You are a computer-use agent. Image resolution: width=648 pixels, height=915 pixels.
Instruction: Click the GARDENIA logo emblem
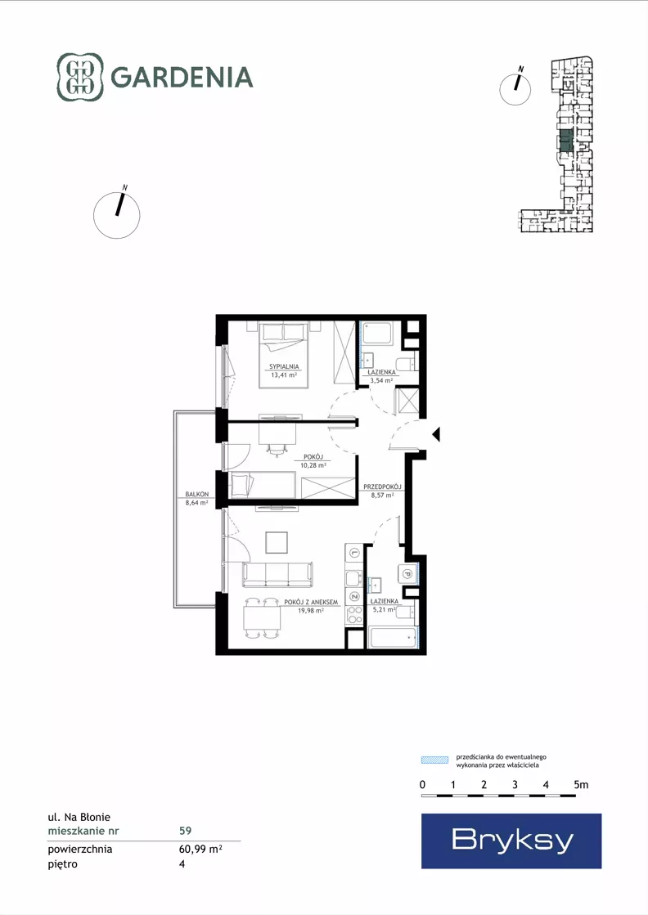click(x=80, y=77)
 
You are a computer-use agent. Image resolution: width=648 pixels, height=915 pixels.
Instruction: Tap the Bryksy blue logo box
click(x=511, y=841)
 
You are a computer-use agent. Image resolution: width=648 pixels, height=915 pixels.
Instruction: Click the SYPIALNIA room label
click(x=284, y=367)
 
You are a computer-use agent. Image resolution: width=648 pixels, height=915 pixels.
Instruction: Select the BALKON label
click(x=196, y=494)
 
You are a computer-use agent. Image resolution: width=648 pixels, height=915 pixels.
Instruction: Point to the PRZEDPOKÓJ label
click(x=382, y=487)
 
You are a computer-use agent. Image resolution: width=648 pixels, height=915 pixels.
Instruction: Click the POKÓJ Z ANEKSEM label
click(x=311, y=602)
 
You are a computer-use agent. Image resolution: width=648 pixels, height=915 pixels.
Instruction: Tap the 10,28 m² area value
click(x=313, y=465)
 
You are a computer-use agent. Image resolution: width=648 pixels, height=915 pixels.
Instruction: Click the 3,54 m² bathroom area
click(x=381, y=380)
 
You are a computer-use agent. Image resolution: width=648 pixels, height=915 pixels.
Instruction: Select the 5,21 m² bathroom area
click(x=384, y=610)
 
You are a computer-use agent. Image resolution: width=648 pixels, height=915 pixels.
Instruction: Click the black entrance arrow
click(x=435, y=434)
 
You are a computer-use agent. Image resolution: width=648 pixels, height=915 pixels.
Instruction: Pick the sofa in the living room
click(x=277, y=574)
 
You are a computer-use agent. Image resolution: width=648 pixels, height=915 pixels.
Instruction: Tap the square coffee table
click(x=277, y=542)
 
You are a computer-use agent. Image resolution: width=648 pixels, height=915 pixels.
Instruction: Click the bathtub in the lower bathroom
click(x=394, y=637)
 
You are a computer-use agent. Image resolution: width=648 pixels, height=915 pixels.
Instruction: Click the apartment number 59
click(x=185, y=831)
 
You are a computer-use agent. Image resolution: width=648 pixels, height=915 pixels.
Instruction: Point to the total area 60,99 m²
click(x=200, y=849)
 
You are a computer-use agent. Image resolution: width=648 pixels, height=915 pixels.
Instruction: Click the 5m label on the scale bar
click(x=581, y=785)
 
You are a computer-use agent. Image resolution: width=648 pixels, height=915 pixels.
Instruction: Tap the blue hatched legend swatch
click(x=435, y=760)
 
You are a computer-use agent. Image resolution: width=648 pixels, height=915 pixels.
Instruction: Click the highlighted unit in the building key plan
click(x=565, y=141)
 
